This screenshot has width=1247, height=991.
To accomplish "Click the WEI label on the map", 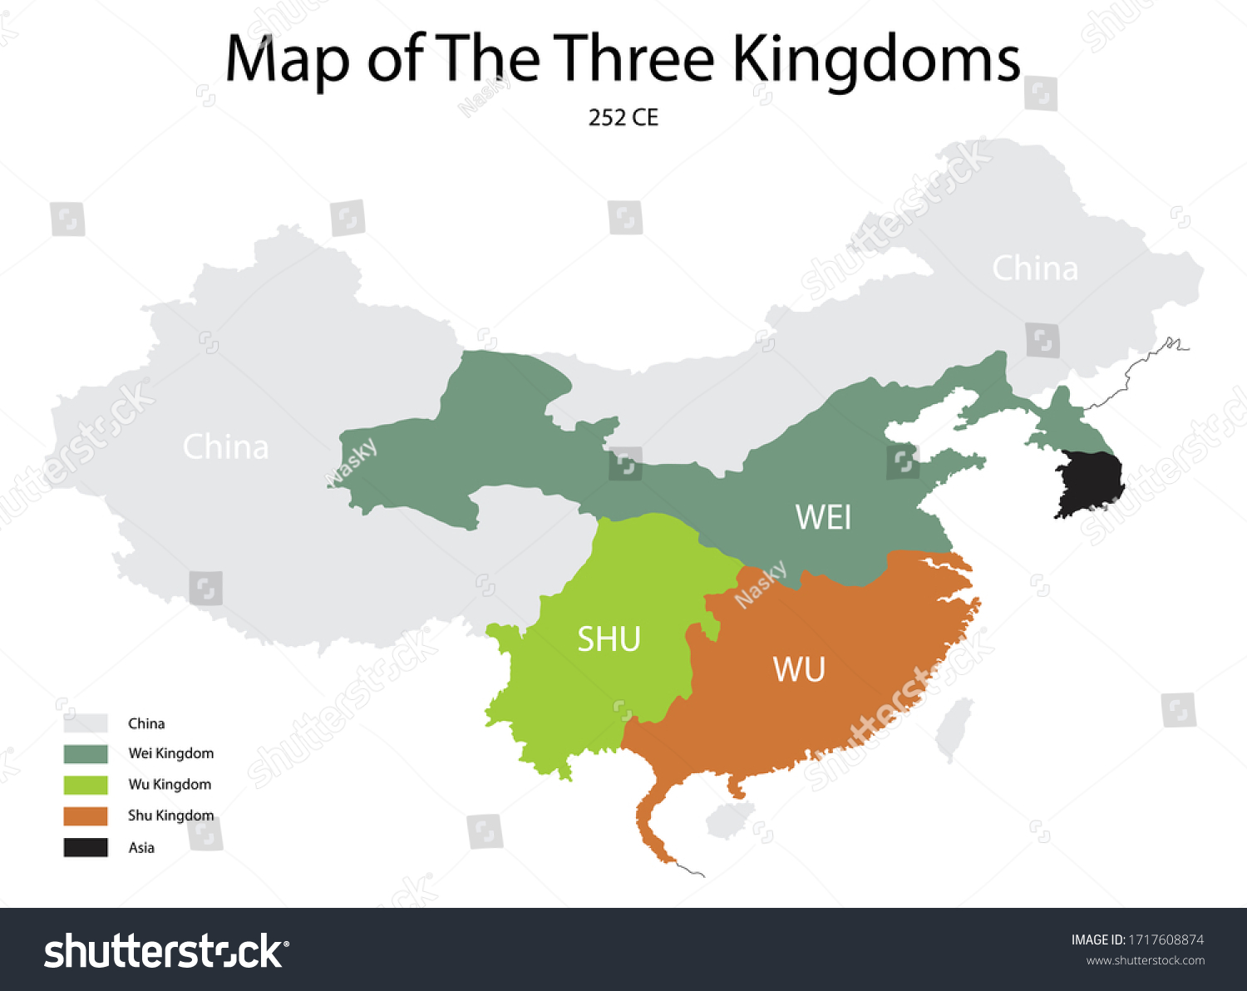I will (823, 517).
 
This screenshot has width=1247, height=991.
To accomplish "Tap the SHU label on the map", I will (609, 639).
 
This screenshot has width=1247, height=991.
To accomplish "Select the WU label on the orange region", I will (799, 669).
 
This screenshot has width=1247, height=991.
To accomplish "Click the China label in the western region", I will (225, 447).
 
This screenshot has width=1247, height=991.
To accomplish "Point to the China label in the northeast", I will (1034, 269).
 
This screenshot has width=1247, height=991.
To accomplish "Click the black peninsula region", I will (1088, 482).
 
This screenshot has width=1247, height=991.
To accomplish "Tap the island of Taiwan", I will (954, 728).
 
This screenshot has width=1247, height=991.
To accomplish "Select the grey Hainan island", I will (729, 819).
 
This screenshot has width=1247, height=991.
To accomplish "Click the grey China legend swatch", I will (86, 723).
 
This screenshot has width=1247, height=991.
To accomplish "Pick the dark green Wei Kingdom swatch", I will (86, 754).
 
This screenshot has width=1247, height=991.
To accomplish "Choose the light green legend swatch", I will (86, 785).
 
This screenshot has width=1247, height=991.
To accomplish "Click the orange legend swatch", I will (86, 816).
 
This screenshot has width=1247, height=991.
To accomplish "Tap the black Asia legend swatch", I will (86, 847).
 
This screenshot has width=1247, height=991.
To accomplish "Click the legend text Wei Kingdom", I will (170, 753).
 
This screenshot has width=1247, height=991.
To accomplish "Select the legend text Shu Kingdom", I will (170, 816).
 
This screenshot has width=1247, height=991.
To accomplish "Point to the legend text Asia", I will (141, 848).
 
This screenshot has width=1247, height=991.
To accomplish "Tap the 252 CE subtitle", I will (623, 118).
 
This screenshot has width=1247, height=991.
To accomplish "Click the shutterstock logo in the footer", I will (166, 951).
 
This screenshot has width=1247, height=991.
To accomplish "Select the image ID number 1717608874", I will (1166, 939).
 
